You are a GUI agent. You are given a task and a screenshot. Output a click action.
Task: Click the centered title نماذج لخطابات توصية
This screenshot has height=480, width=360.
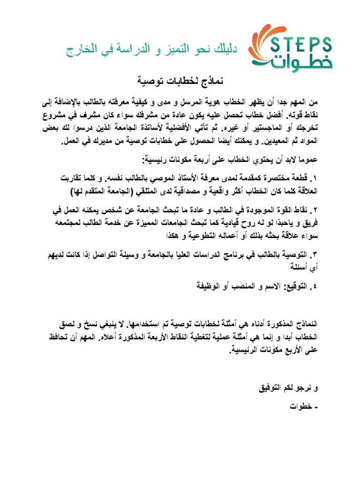180,81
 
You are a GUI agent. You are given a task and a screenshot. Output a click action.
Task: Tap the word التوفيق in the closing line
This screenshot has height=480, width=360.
271,389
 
